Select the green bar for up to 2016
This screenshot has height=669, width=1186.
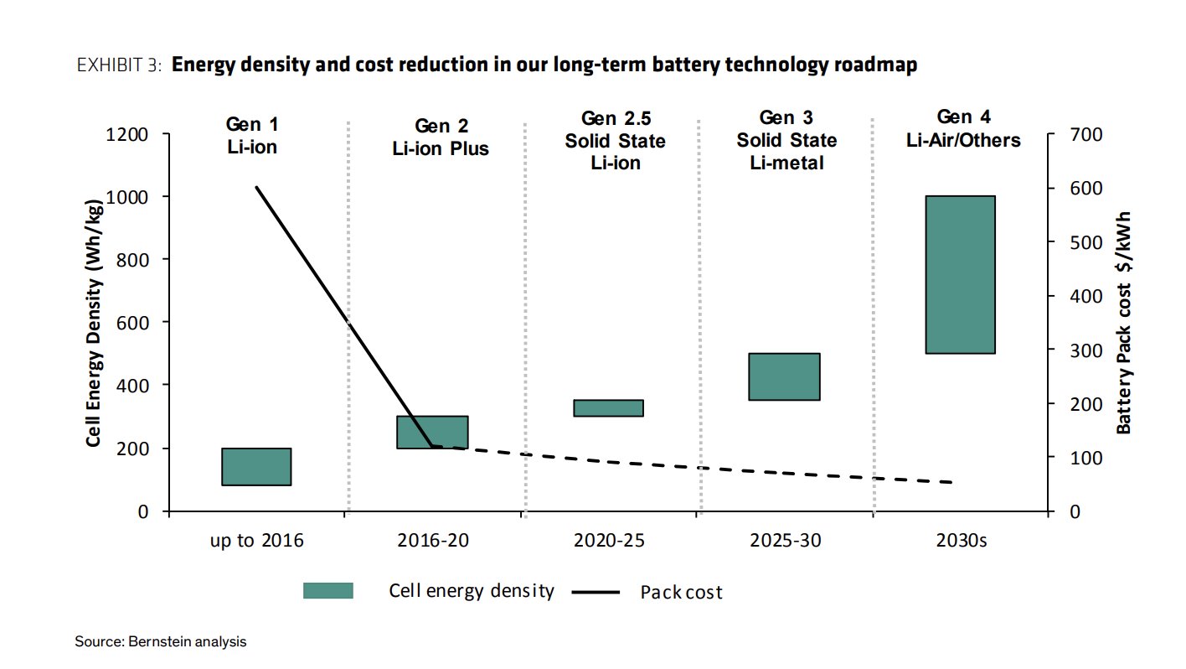[x=256, y=467]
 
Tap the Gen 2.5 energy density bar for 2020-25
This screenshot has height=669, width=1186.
[x=608, y=407]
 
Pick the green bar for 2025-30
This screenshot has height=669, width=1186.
[x=784, y=376]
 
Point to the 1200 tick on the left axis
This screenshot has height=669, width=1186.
[x=129, y=134]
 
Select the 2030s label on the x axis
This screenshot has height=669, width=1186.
[x=961, y=541]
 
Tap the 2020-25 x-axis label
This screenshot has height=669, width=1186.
[x=609, y=541]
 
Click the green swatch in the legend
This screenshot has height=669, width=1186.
[x=327, y=591]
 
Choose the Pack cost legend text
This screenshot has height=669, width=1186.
[x=680, y=593]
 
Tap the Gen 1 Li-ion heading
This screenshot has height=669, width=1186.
[x=252, y=135]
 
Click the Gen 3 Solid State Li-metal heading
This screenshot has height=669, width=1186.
[x=786, y=140]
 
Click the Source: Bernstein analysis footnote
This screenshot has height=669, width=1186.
[x=161, y=642]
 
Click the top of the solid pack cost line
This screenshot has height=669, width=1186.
[x=256, y=187]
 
